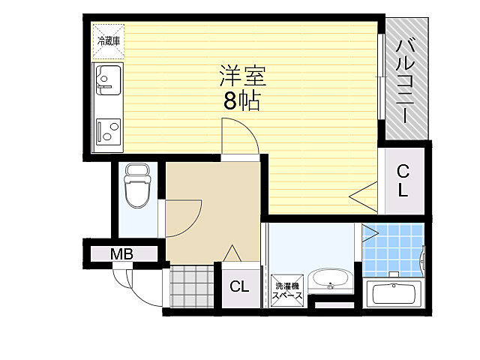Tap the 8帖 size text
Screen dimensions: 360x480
241,102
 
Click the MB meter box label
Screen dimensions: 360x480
122,254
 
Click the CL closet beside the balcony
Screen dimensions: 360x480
403,180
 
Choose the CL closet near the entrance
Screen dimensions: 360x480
239,286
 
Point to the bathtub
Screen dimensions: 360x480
394,294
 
